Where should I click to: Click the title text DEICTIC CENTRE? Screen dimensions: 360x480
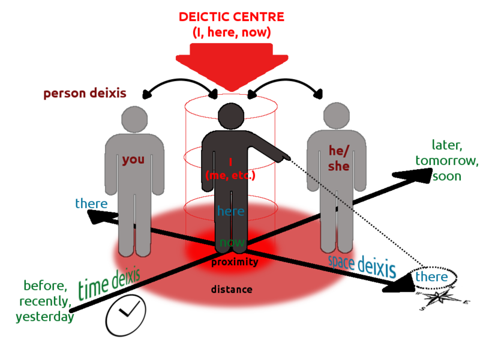click(231, 17)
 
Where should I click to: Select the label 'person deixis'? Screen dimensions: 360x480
click(85, 94)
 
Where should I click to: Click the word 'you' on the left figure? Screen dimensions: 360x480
click(133, 160)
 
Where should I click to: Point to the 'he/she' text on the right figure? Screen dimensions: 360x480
click(338, 158)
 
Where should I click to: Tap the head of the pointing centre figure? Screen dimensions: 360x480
click(230, 116)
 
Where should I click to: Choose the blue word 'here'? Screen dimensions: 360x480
click(231, 211)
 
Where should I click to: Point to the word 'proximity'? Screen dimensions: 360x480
click(235, 262)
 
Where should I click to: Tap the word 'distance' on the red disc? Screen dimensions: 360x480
click(231, 290)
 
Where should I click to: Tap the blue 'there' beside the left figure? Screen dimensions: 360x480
click(91, 203)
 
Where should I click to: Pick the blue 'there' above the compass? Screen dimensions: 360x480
click(432, 277)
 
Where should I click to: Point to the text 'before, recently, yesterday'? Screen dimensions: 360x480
click(45, 301)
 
